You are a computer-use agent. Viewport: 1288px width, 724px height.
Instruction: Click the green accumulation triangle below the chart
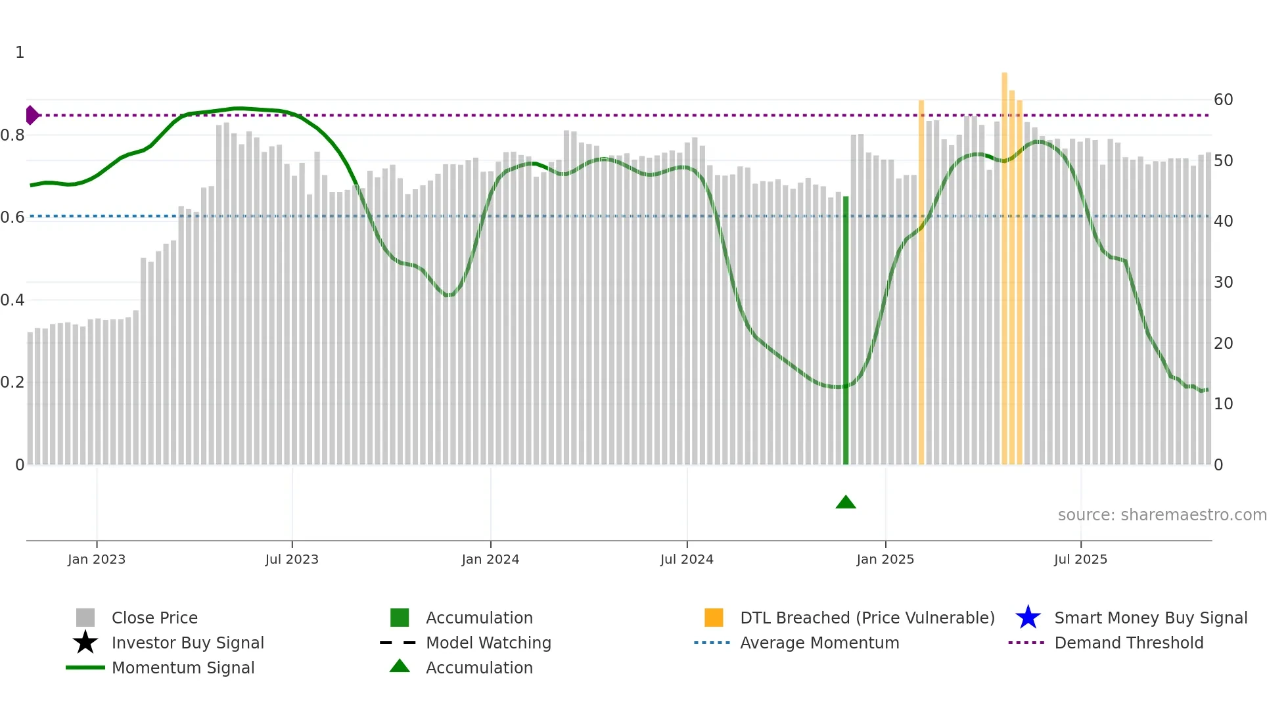(846, 503)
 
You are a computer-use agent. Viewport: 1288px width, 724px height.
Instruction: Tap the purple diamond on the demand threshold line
(32, 115)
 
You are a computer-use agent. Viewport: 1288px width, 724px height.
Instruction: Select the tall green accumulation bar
(846, 328)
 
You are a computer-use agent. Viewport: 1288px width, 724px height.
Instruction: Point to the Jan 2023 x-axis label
(97, 559)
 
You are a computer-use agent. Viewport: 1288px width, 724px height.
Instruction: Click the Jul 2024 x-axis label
(687, 559)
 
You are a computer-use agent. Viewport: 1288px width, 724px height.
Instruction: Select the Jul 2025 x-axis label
(1080, 559)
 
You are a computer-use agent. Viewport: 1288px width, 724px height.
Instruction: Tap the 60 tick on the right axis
(1223, 100)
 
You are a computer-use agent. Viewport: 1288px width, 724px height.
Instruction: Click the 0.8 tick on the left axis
(12, 135)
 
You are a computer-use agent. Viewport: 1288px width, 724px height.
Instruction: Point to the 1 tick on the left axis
(20, 53)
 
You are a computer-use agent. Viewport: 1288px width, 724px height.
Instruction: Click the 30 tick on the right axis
(1223, 283)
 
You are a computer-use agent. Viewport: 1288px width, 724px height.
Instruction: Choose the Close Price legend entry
(154, 618)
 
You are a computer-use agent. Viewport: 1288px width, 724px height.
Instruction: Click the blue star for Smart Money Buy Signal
(1028, 618)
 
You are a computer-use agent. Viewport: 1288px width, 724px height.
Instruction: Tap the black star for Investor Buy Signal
(85, 643)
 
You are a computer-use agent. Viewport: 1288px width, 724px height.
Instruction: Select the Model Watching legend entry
(488, 643)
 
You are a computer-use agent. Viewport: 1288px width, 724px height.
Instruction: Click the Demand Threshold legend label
(1129, 643)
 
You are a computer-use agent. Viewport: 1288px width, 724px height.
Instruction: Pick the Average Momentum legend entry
(819, 643)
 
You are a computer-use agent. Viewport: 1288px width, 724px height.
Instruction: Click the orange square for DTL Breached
(714, 618)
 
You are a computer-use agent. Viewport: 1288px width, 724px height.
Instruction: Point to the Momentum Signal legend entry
(183, 667)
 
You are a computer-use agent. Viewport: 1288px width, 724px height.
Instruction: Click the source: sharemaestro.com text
(1162, 515)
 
